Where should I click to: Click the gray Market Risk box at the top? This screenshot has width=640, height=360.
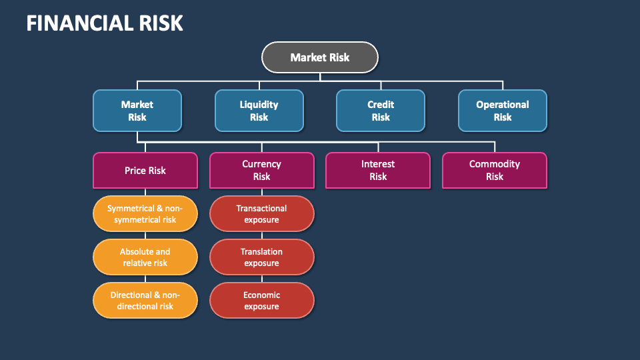click(320, 57)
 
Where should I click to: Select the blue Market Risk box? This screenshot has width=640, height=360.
click(137, 111)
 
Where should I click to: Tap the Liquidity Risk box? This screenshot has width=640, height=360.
click(259, 111)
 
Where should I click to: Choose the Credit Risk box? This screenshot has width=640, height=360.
click(381, 111)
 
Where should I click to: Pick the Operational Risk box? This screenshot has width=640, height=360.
click(503, 111)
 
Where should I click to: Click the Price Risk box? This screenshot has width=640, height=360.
click(145, 170)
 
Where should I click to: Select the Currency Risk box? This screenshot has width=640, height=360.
click(261, 170)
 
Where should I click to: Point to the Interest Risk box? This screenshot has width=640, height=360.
click(378, 170)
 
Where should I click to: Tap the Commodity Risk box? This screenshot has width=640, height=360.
click(495, 170)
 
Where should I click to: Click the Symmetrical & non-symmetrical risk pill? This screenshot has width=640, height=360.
click(145, 214)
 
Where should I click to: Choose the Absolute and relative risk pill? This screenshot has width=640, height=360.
click(145, 257)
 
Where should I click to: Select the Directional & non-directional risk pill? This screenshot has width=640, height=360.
click(145, 301)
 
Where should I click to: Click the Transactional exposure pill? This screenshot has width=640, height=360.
click(261, 214)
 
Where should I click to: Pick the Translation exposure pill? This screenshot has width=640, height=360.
click(261, 257)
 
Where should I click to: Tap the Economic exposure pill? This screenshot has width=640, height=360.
click(261, 301)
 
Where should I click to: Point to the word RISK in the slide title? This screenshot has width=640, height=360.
click(160, 23)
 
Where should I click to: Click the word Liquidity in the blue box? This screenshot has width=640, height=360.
click(259, 105)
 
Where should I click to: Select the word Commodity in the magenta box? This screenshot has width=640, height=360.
click(495, 164)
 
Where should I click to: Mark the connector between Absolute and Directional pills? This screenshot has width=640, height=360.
click(145, 279)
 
